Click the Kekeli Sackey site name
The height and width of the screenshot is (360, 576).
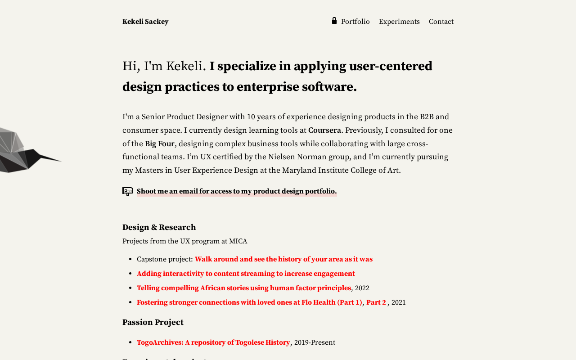coord(145,22)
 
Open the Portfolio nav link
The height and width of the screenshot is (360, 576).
coord(355,22)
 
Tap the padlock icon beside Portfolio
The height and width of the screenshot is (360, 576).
coord(334,21)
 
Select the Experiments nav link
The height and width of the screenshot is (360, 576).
coord(399,22)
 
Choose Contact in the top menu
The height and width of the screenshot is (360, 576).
coord(441,22)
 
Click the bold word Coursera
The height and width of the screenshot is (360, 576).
coord(324,130)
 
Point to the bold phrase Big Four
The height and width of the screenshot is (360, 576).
coord(159,144)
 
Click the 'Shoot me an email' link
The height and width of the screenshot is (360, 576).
coord(237,191)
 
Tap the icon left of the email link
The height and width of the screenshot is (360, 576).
coord(128,191)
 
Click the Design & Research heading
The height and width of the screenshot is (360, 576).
coord(159,227)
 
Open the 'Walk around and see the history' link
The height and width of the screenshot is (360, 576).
coord(283,259)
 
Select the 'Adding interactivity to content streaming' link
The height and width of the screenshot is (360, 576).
coord(246,274)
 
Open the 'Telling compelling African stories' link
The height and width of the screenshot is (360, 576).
coord(243,288)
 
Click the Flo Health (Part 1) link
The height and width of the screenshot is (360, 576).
coord(249,302)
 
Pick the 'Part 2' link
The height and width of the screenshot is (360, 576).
coord(376,302)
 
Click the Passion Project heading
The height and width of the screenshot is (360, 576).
coord(153,322)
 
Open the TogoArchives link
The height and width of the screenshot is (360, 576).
coord(213,342)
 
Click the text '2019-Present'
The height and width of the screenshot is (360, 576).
coord(315,342)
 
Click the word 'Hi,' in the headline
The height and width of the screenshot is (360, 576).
coord(131,66)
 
